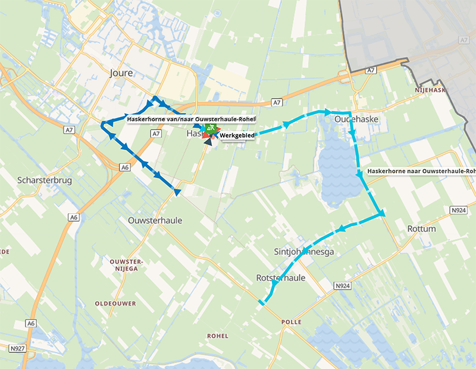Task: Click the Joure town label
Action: click(121, 73)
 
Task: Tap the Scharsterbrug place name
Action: click(45, 180)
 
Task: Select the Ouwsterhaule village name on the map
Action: click(155, 220)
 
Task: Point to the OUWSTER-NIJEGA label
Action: click(124, 265)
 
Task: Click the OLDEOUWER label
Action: click(115, 304)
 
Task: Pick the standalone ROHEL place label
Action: click(217, 336)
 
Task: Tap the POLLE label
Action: click(292, 322)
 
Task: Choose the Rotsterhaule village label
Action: click(280, 278)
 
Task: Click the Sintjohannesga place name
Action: click(304, 252)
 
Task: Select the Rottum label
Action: click(421, 229)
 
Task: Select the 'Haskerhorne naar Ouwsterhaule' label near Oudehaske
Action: click(421, 171)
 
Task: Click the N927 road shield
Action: click(17, 348)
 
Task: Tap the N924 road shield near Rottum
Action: click(458, 210)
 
